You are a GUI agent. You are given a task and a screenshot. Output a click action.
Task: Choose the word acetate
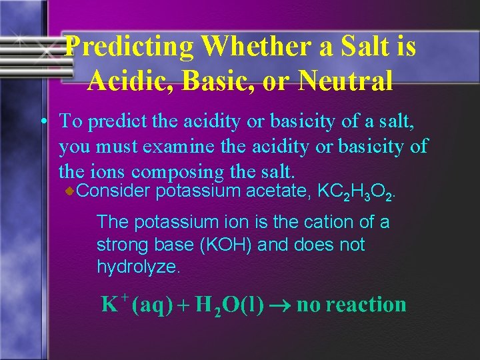(x=281, y=192)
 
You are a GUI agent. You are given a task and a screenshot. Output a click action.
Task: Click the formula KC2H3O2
(x=358, y=193)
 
